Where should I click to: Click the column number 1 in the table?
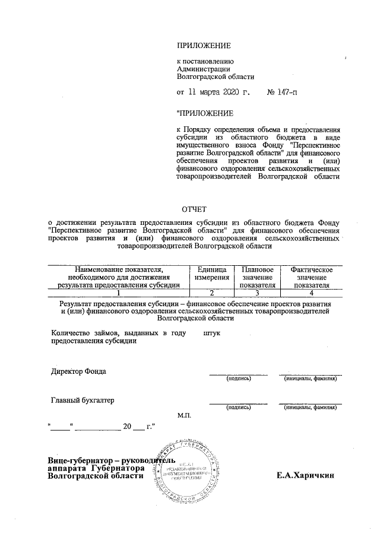coord(118,293)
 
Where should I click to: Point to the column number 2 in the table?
coord(211,293)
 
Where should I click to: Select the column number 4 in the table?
coord(311,293)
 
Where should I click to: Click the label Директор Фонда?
coord(79,371)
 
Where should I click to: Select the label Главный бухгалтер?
coord(83,400)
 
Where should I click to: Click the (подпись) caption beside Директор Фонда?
coord(237,379)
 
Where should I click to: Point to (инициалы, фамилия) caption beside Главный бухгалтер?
coord(311,408)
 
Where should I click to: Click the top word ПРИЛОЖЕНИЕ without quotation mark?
coord(204,46)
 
